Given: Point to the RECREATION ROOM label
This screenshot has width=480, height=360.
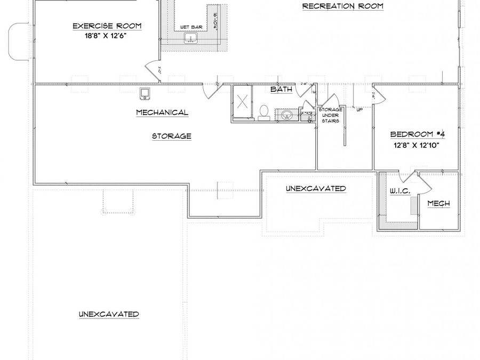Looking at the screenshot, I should pyautogui.click(x=342, y=6).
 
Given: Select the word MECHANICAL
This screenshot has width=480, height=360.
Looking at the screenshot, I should pyautogui.click(x=162, y=113).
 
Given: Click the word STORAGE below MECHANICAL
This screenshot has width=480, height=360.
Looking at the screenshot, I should pyautogui.click(x=171, y=136).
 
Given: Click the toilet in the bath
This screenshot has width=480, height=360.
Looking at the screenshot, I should pyautogui.click(x=263, y=112).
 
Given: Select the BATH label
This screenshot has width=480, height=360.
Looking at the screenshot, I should pyautogui.click(x=281, y=89).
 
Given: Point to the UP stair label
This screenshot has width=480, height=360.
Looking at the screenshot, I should pyautogui.click(x=359, y=109).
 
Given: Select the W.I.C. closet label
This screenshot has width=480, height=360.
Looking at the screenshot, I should pyautogui.click(x=399, y=191).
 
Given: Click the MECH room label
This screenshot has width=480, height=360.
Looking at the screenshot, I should pyautogui.click(x=439, y=203).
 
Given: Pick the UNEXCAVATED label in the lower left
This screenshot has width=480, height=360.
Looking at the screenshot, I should pyautogui.click(x=109, y=314).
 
